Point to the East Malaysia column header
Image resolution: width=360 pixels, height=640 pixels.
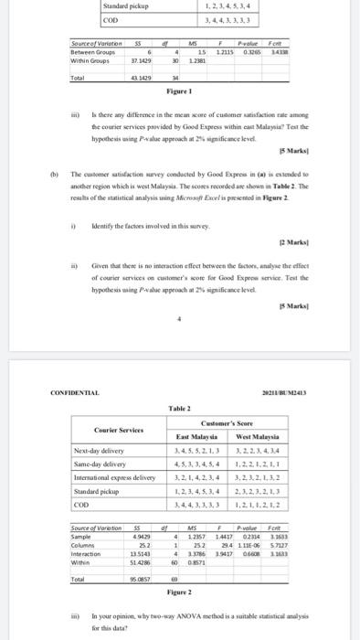point(197,438)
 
